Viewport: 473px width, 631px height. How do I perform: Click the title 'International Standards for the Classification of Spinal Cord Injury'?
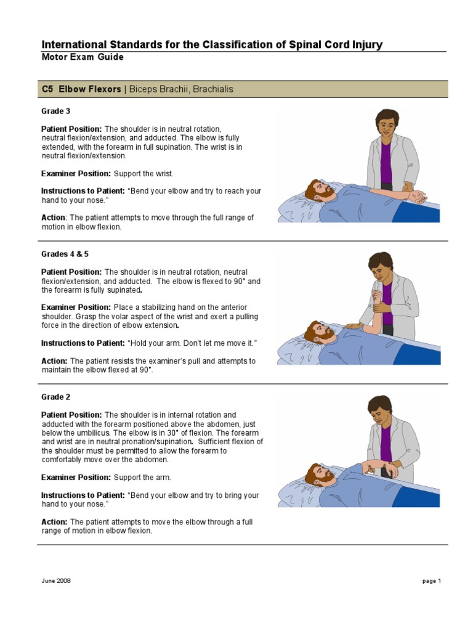[x=211, y=44]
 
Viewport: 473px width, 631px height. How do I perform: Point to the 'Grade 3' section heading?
[x=55, y=111]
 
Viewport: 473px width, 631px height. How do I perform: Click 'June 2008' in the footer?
[x=56, y=581]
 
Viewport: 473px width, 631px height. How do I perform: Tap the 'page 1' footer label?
[x=431, y=581]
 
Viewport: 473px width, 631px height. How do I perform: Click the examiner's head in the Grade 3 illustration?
[x=386, y=123]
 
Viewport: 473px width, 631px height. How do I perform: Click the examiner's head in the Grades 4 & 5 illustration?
[x=380, y=266]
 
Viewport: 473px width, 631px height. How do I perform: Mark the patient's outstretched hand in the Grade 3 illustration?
[x=419, y=198]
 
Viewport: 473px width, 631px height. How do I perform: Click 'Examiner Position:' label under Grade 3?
[x=76, y=174]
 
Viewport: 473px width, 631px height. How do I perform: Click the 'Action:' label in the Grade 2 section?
[x=54, y=522]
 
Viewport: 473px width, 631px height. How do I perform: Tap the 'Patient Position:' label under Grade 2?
[x=71, y=415]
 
